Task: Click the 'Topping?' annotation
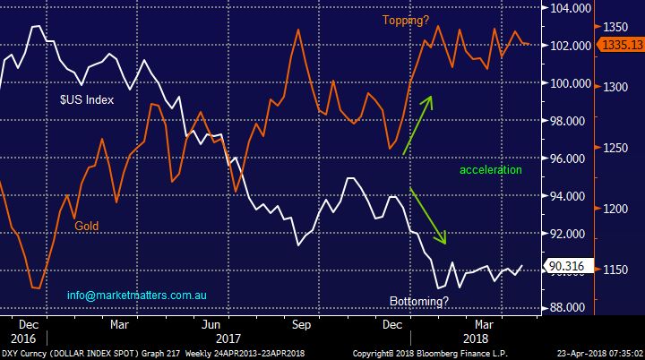tap(406, 21)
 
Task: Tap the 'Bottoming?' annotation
tap(418, 302)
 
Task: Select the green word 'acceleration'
tap(490, 169)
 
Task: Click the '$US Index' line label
tap(87, 100)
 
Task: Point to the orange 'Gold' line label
tap(86, 226)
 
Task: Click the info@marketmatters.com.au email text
tap(136, 296)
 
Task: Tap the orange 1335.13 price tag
tap(621, 45)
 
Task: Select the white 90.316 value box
tap(569, 266)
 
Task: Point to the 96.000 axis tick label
tap(567, 159)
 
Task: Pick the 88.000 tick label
tap(567, 307)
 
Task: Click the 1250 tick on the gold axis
tap(615, 148)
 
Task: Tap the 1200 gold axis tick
tap(615, 209)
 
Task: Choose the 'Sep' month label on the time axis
tap(301, 324)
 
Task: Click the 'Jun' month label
tap(211, 324)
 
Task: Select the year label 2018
tap(476, 339)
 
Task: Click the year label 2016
tap(23, 339)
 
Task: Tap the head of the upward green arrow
tap(430, 98)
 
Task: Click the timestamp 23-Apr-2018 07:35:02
tap(599, 354)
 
